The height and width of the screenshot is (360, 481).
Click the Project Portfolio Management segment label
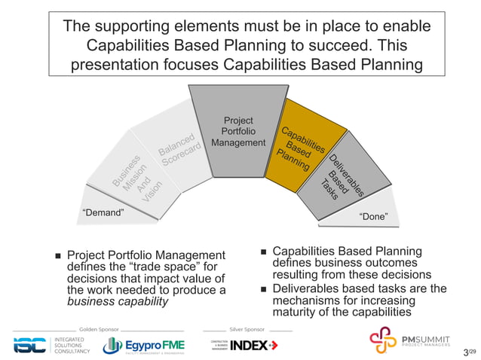[239, 132]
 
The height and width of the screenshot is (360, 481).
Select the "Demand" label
[102, 213]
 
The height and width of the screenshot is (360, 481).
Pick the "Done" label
[374, 217]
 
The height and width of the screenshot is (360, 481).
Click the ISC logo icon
[31, 345]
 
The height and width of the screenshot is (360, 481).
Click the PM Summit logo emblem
[382, 339]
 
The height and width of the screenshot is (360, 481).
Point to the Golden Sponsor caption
[98, 330]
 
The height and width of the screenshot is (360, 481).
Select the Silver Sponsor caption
[247, 330]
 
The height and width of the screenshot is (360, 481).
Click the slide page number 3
[466, 352]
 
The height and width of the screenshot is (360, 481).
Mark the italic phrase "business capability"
[118, 302]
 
